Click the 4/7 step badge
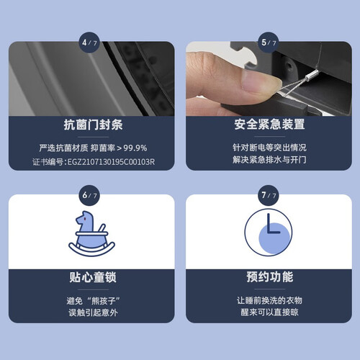pyautogui.click(x=89, y=42)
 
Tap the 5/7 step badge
pyautogui.click(x=269, y=42)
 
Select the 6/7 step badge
pyautogui.click(x=89, y=195)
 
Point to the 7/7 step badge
pyautogui.click(x=269, y=195)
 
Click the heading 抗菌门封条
pyautogui.click(x=93, y=125)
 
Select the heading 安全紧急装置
pyautogui.click(x=269, y=125)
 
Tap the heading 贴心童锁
pyautogui.click(x=93, y=277)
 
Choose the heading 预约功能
pyautogui.click(x=270, y=276)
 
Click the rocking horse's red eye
pyautogui.click(x=85, y=219)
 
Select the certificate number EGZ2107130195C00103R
pyautogui.click(x=111, y=162)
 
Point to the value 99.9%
pyautogui.click(x=135, y=148)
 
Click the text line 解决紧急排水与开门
pyautogui.click(x=269, y=160)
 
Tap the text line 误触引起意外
pyautogui.click(x=93, y=312)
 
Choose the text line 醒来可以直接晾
pyautogui.click(x=269, y=312)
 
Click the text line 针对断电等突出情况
pyautogui.click(x=269, y=148)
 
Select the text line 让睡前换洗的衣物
pyautogui.click(x=269, y=300)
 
